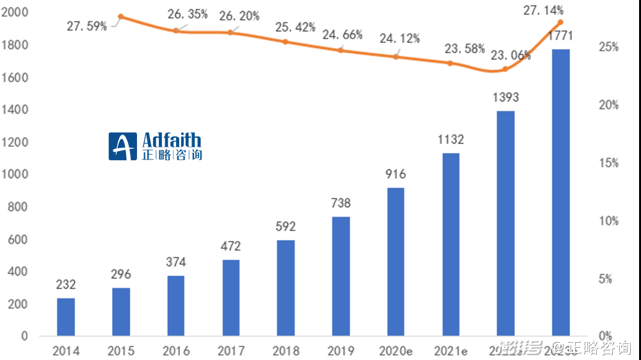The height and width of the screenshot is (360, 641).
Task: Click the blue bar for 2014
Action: click(66, 316)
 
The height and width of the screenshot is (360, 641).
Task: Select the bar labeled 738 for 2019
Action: click(341, 275)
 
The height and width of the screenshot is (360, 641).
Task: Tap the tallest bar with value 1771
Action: click(561, 192)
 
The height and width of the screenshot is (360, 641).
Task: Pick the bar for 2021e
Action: click(451, 244)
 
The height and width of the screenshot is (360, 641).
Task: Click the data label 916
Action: click(396, 174)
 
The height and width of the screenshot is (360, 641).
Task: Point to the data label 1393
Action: click(506, 97)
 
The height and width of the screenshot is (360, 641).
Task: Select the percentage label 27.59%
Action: click(86, 27)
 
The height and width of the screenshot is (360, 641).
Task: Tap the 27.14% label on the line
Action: click(543, 10)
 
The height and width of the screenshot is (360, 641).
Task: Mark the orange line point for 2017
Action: click(231, 32)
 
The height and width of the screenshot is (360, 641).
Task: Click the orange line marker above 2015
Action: click(121, 17)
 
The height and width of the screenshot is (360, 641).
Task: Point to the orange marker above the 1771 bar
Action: click(560, 22)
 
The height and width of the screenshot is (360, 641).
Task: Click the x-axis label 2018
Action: click(286, 350)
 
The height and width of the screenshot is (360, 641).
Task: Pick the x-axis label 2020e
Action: click(396, 350)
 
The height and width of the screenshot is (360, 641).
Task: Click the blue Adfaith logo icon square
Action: click(123, 147)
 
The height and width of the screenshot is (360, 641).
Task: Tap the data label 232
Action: click(66, 285)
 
